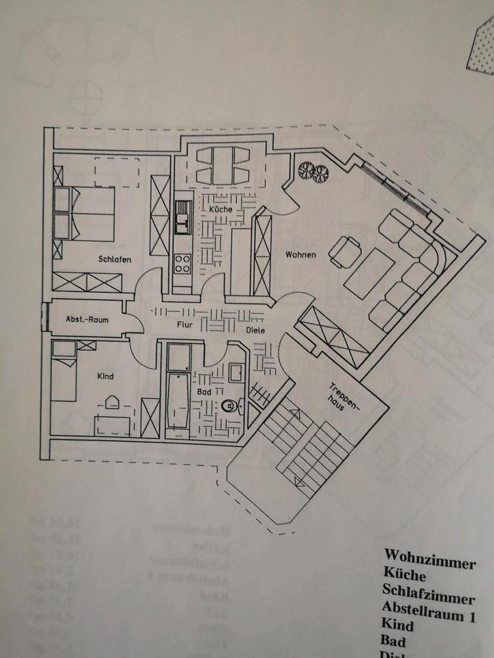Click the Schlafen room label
(115, 259)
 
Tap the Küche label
(221, 208)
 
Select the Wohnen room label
(301, 255)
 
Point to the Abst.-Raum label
(84, 319)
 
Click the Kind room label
(105, 376)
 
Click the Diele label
(256, 330)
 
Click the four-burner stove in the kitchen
(183, 264)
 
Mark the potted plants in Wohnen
(313, 171)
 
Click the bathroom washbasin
(235, 373)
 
